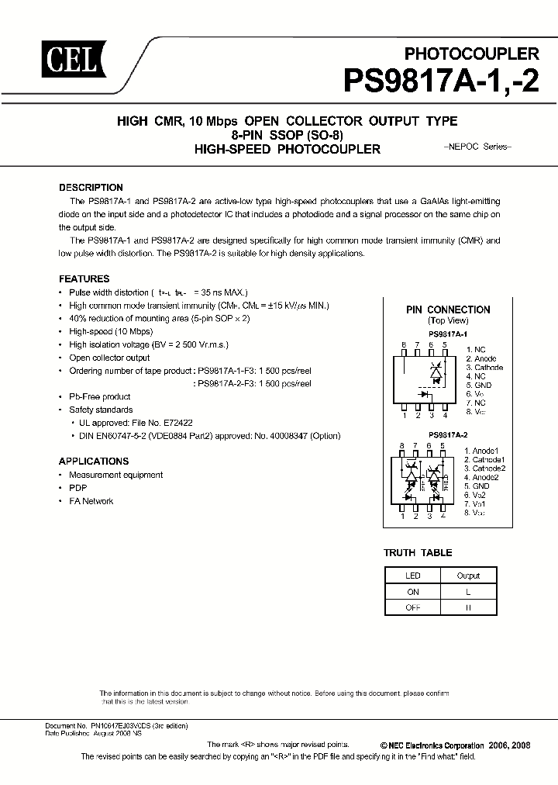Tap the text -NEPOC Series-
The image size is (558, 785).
point(477,147)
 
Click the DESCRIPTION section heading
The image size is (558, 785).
point(91,188)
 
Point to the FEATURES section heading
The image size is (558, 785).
point(84,278)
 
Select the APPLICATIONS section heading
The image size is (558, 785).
point(94,461)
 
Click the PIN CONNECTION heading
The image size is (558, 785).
point(448,310)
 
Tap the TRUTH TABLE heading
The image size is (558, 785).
point(418,553)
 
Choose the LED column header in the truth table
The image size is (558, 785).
point(412,576)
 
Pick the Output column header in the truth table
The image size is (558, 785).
point(468,576)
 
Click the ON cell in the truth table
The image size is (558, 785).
point(412,592)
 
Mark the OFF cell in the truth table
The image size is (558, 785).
point(412,608)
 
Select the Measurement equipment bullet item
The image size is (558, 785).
point(115,475)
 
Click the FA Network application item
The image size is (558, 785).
point(91,501)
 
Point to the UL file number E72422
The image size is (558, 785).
point(175,423)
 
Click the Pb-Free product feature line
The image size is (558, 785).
point(100,396)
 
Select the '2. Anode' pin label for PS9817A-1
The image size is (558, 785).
point(480,359)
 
